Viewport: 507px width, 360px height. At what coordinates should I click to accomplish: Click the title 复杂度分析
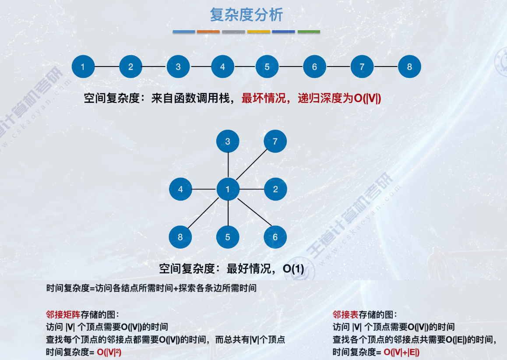pyautogui.click(x=246, y=15)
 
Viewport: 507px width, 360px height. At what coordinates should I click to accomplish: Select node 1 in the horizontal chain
pyautogui.click(x=83, y=67)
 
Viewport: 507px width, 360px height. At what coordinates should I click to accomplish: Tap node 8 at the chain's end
pyautogui.click(x=409, y=67)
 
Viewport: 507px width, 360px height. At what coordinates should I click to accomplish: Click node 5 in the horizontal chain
pyautogui.click(x=267, y=67)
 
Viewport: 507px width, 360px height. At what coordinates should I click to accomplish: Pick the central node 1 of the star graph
pyautogui.click(x=228, y=189)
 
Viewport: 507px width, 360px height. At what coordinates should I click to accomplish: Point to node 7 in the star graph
pyautogui.click(x=275, y=141)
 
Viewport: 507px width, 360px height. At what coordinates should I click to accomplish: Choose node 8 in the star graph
pyautogui.click(x=180, y=237)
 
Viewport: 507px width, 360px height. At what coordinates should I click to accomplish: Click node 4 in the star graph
pyautogui.click(x=180, y=189)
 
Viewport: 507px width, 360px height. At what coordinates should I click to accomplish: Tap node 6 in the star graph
pyautogui.click(x=275, y=237)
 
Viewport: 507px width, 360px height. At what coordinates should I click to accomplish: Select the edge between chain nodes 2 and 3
pyautogui.click(x=154, y=67)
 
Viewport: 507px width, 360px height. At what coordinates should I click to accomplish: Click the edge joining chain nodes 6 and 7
pyautogui.click(x=338, y=67)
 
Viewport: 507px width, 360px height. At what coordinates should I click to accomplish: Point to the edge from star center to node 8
pyautogui.click(x=204, y=213)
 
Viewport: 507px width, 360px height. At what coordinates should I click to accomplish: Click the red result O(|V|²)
pyautogui.click(x=109, y=352)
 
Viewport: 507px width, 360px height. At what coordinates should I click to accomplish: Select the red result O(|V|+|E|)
pyautogui.click(x=401, y=352)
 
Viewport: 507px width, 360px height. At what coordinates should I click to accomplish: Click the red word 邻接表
pyautogui.click(x=345, y=314)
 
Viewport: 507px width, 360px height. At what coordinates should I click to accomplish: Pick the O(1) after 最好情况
pyautogui.click(x=293, y=268)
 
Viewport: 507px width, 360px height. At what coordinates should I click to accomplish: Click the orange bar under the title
pyautogui.click(x=208, y=32)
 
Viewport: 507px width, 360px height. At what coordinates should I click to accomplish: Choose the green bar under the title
pyautogui.click(x=309, y=32)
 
